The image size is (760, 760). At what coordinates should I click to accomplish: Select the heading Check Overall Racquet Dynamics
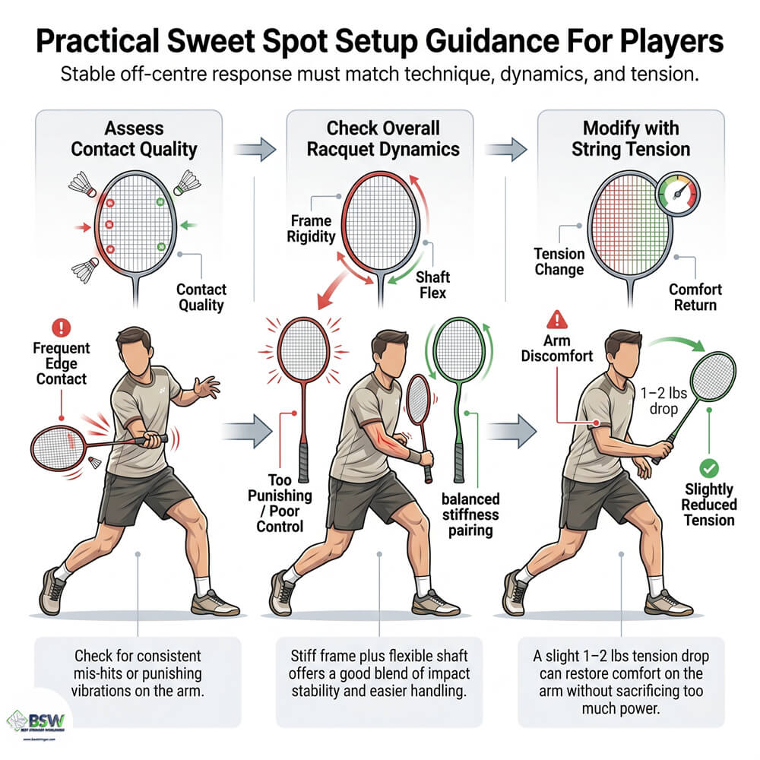[x=383, y=138]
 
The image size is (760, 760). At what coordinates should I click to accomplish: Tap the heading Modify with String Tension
[x=630, y=138]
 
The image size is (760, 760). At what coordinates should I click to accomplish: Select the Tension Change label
[x=559, y=261]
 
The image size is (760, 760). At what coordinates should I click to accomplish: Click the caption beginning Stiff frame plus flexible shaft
[x=380, y=672]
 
